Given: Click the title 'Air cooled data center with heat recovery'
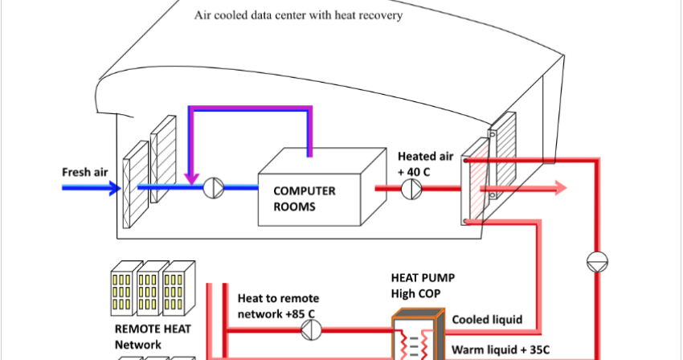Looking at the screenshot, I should pyautogui.click(x=298, y=15).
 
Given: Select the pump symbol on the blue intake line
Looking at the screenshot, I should pyautogui.click(x=215, y=188).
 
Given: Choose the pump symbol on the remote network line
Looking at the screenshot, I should pyautogui.click(x=314, y=329).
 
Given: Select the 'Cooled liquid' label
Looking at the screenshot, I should pyautogui.click(x=487, y=320).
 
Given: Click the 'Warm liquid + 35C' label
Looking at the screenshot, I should pyautogui.click(x=499, y=350).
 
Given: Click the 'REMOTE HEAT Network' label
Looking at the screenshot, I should pyautogui.click(x=146, y=337).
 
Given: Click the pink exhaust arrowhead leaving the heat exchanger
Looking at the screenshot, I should pyautogui.click(x=558, y=189).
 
